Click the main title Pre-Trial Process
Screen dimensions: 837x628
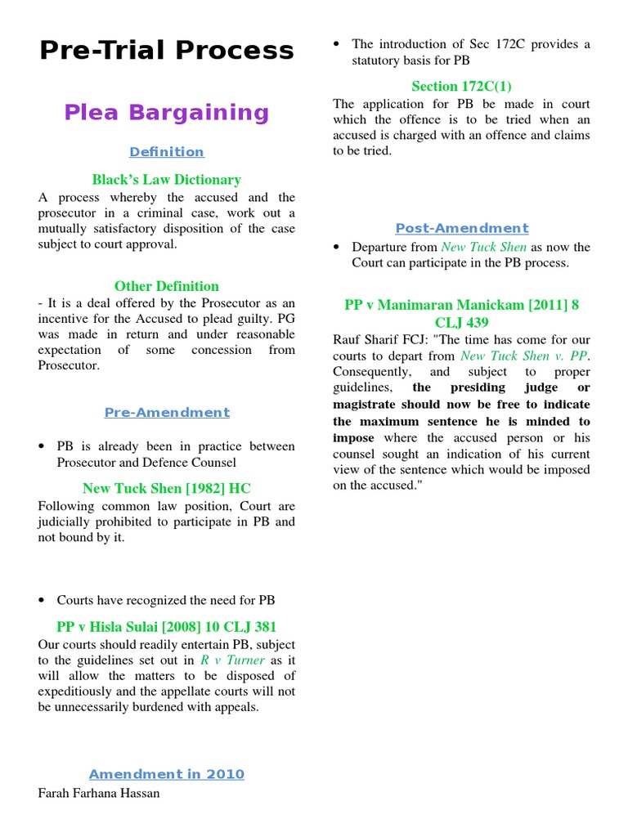pos(167,51)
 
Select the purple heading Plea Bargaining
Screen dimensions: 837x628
pos(167,113)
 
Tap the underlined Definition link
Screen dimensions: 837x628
pos(167,152)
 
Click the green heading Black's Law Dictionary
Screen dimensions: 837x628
pos(167,180)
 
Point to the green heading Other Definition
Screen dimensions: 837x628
pos(167,286)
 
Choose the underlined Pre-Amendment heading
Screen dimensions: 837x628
pos(167,413)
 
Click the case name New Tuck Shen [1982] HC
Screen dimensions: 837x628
pos(167,489)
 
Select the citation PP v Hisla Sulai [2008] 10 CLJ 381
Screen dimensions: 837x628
pos(167,627)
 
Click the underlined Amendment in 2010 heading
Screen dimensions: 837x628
pos(167,774)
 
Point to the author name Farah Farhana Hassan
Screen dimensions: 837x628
pos(99,793)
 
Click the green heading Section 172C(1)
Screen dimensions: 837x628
pos(461,86)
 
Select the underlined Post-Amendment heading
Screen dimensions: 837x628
pos(462,229)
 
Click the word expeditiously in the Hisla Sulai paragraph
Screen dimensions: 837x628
pos(78,692)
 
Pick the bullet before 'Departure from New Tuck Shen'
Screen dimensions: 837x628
pos(338,248)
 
